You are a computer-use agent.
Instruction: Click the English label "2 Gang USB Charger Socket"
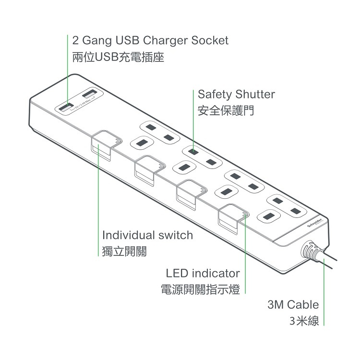150,40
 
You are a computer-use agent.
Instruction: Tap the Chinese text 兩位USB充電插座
118,58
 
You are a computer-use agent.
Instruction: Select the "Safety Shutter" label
236,94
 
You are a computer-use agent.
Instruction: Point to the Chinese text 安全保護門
226,111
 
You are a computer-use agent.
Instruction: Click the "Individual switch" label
148,235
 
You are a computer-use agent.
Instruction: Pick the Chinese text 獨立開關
124,252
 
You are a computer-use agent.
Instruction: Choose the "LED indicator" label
203,274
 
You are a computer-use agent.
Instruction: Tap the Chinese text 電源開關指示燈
200,290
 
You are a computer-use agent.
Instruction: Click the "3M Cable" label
293,304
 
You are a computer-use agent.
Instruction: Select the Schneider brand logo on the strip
314,221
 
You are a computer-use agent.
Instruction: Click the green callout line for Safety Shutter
193,120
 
